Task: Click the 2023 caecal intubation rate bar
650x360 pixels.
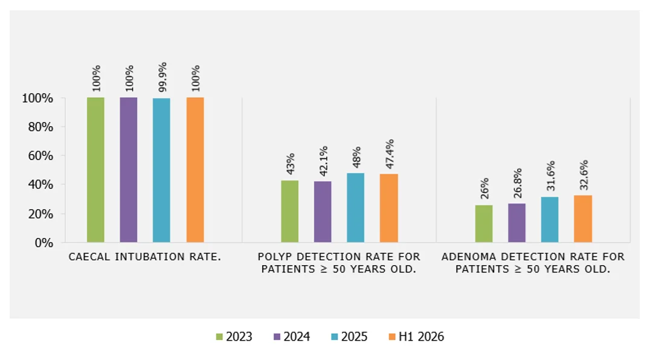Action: tap(95, 170)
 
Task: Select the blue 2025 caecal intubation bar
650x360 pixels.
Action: tap(161, 170)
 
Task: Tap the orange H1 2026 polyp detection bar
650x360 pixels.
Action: tap(389, 208)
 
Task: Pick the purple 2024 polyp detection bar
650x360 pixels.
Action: tap(323, 211)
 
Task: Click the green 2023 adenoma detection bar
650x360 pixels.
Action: tap(484, 223)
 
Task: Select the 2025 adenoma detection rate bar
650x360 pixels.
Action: tap(550, 219)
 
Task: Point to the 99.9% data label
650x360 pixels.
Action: tap(162, 77)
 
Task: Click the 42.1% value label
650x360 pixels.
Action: tap(323, 161)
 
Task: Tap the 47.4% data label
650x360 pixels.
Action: tap(390, 154)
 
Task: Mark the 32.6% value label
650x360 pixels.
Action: tap(584, 175)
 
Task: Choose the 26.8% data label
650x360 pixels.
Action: tap(517, 183)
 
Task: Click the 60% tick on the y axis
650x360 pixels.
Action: tap(40, 156)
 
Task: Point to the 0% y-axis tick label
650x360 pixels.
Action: tap(44, 243)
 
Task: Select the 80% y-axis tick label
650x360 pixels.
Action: tap(40, 127)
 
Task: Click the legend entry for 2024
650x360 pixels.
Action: tap(292, 336)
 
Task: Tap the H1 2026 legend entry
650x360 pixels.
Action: tap(416, 336)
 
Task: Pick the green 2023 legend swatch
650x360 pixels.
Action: tap(219, 337)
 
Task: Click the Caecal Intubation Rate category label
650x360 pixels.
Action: tap(144, 257)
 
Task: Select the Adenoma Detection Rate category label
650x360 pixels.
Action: tap(533, 263)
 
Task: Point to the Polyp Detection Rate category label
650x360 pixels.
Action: tap(339, 263)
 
